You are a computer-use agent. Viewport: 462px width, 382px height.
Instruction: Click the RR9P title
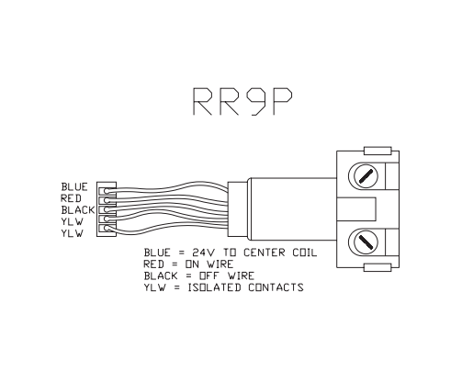[x=242, y=101]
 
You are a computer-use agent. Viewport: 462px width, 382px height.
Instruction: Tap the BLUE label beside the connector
[x=74, y=186]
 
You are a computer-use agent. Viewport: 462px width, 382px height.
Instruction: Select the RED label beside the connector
[x=71, y=198]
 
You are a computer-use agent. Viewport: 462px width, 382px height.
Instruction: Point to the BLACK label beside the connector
[x=78, y=210]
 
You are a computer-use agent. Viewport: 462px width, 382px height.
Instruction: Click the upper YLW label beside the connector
[x=72, y=221]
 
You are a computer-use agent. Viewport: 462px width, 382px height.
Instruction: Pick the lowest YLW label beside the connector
[x=72, y=233]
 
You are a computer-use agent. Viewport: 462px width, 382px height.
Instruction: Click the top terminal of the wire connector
[x=107, y=191]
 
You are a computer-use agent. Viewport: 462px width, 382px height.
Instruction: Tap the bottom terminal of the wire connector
[x=107, y=229]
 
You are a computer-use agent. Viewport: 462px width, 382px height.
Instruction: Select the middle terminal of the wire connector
[x=107, y=209]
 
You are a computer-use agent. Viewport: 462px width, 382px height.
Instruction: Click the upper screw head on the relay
[x=366, y=177]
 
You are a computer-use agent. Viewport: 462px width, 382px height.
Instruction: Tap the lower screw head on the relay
[x=366, y=242]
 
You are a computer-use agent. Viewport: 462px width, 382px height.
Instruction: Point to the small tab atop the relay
[x=377, y=151]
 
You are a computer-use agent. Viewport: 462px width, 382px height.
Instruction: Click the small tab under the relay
[x=377, y=267]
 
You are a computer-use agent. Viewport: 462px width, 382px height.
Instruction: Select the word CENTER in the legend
[x=265, y=253]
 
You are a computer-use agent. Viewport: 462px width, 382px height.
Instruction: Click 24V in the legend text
[x=204, y=253]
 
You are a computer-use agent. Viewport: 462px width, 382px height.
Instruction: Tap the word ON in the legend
[x=193, y=264]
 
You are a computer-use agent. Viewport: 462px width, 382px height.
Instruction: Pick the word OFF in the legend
[x=209, y=276]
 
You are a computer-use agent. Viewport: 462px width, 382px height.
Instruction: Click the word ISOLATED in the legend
[x=214, y=287]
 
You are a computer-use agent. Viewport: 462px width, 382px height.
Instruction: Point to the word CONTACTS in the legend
[x=276, y=287]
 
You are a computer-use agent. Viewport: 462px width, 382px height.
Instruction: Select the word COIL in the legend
[x=305, y=253]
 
